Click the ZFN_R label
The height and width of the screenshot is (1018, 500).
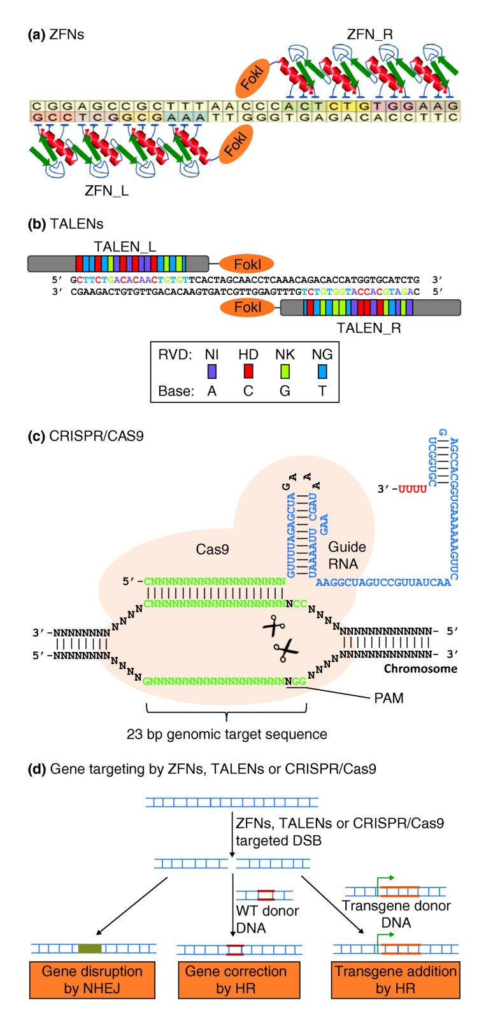[369, 34]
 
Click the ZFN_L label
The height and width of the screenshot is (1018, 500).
[106, 190]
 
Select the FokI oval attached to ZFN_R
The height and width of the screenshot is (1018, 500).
[252, 78]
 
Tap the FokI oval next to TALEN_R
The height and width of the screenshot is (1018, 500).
[247, 308]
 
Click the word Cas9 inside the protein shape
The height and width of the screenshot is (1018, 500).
[212, 549]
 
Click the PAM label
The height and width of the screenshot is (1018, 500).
[389, 698]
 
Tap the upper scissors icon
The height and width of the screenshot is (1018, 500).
[274, 626]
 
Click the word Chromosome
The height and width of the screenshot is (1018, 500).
[420, 668]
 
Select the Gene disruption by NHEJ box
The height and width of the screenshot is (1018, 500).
[92, 980]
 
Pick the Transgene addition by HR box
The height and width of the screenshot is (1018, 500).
[396, 980]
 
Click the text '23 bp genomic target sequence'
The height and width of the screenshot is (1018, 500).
[227, 734]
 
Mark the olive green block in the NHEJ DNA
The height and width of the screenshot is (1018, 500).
[90, 949]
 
